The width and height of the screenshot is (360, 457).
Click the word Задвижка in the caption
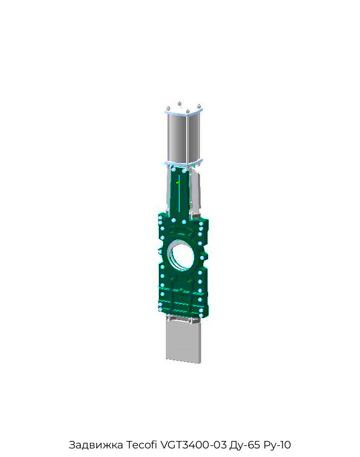pos(96,445)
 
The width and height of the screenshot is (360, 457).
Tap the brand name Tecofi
pos(141,445)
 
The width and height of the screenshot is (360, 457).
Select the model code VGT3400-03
pos(193,445)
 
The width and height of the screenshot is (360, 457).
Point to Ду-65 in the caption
pos(244,445)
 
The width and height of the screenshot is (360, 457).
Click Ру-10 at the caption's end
pos(277,445)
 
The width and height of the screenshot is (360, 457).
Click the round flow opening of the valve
pos(181,257)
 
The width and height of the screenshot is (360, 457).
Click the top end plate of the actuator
pos(183,111)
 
